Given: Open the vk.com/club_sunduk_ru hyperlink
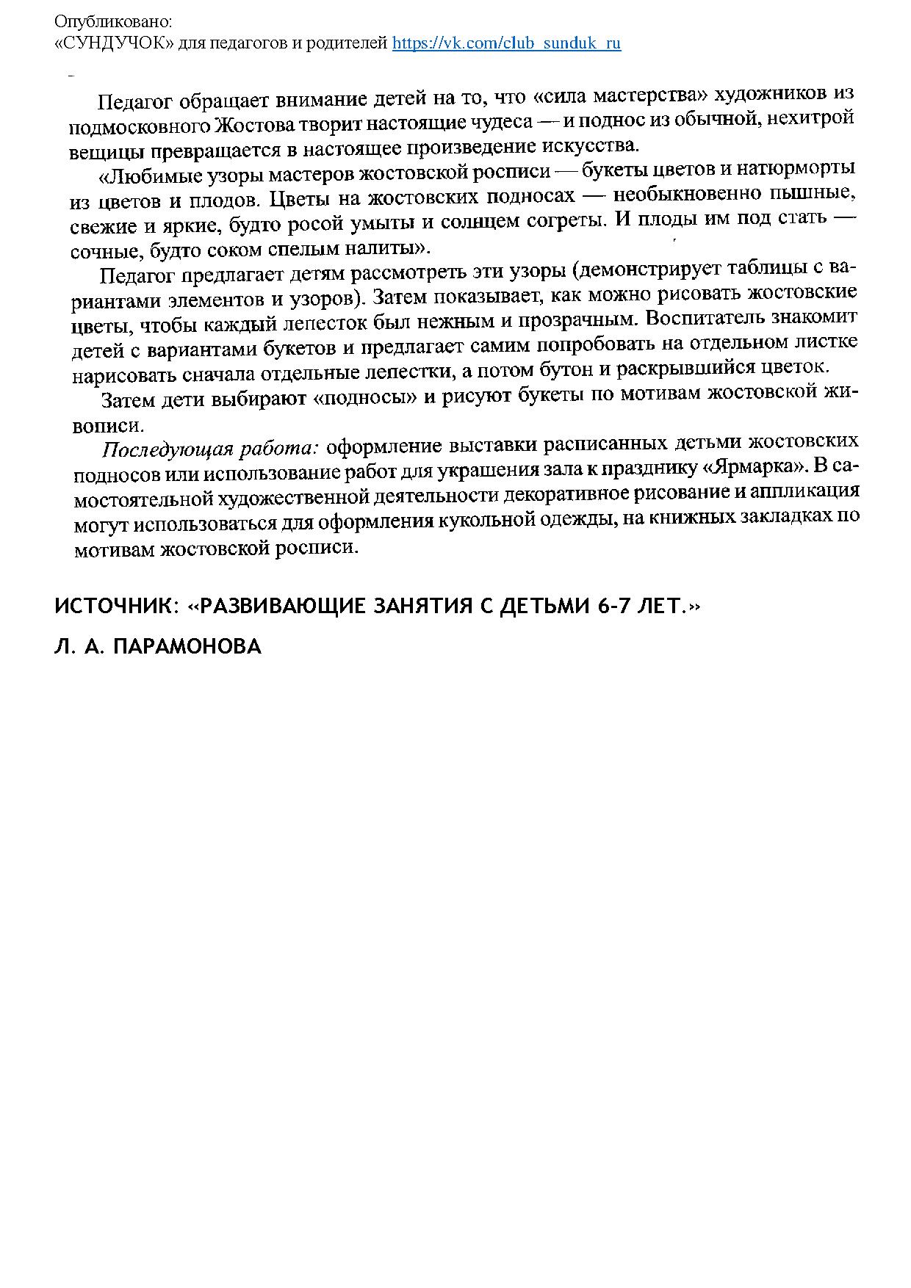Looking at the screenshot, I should [506, 43].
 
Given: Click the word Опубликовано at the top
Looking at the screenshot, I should [112, 23].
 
